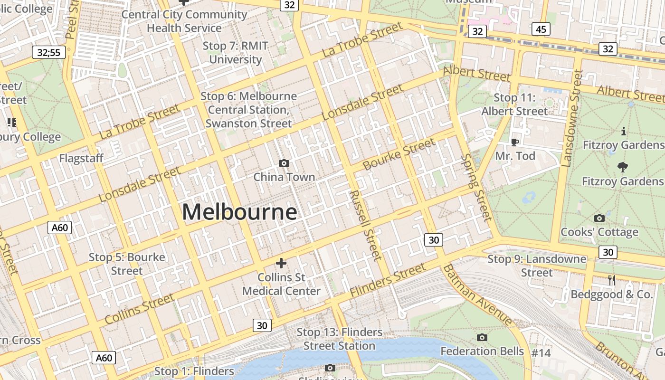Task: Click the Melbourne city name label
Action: (239, 212)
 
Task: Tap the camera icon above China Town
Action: (284, 163)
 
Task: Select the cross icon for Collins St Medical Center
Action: (281, 263)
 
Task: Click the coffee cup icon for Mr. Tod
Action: (514, 142)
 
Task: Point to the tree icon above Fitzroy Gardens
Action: (622, 167)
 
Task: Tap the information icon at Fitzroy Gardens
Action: (623, 131)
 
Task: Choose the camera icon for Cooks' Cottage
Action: (599, 218)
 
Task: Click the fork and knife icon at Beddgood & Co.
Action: (612, 280)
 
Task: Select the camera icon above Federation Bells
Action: (482, 337)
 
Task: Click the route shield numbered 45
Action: (541, 29)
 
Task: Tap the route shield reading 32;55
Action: (49, 52)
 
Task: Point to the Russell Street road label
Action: (365, 226)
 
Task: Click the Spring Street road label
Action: (476, 187)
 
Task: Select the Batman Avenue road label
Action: (477, 295)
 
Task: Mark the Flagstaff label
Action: (81, 158)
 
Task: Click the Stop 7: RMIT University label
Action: (236, 53)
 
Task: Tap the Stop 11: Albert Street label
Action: (514, 104)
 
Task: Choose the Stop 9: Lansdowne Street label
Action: (537, 266)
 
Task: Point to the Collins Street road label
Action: (139, 309)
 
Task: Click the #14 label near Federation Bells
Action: (541, 353)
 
